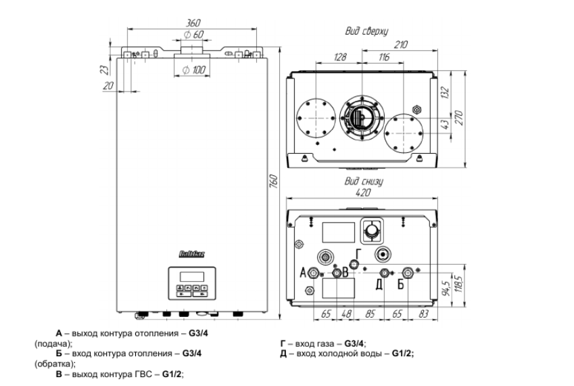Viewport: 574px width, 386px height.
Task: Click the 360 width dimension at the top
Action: click(x=193, y=24)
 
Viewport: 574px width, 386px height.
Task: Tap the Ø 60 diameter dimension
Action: click(x=193, y=35)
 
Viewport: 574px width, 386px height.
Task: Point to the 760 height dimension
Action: click(x=272, y=184)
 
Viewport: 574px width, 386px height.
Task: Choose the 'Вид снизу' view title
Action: click(x=364, y=181)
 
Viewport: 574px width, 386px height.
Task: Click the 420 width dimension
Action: click(x=364, y=193)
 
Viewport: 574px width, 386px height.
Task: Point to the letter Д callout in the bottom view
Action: click(x=380, y=283)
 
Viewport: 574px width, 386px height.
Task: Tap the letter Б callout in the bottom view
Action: click(x=401, y=284)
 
